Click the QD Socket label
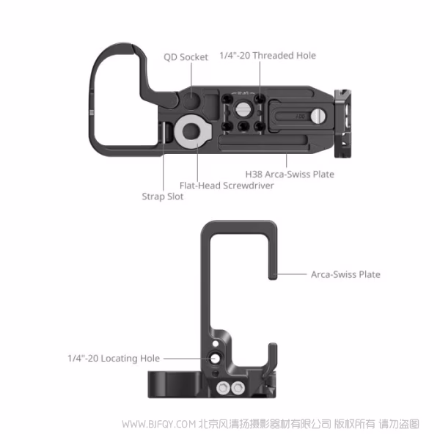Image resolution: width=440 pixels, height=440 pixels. pos(186,57)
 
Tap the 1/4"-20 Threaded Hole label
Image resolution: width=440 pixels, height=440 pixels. pos(268,56)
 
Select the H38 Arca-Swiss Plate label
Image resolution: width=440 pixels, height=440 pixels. pos(290,175)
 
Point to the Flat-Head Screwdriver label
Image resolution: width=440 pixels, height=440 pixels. pos(227,186)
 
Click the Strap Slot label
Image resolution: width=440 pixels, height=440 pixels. pos(163,197)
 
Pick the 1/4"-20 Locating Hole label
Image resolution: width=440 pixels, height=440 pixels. pos(114,359)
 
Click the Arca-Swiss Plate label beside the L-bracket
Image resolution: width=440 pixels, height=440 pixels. pos(345,274)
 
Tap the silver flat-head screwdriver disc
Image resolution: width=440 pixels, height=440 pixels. pos(192,131)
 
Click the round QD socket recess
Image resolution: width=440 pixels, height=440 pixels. pos(191,99)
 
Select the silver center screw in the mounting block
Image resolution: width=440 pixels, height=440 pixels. pos(243,109)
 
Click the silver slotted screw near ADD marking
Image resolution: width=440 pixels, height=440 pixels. pos(318,116)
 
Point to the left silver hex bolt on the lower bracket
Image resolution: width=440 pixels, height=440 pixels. pos(223,389)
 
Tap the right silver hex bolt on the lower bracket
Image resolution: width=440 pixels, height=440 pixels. pos(238,389)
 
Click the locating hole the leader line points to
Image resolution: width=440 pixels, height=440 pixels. pos(215,359)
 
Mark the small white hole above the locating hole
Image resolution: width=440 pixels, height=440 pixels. pos(216,343)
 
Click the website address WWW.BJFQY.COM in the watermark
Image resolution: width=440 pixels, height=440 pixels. pos(159,424)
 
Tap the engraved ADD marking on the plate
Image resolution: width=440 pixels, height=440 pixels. pos(300,116)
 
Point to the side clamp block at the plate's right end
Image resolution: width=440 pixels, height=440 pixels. pos(342,123)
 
